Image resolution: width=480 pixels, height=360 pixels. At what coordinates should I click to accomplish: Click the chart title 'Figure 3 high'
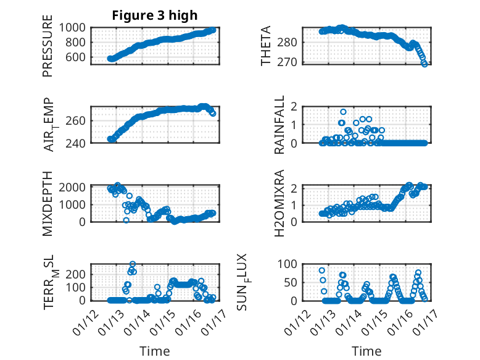(155, 15)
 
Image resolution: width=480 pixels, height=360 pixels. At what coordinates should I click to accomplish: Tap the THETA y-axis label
(267, 46)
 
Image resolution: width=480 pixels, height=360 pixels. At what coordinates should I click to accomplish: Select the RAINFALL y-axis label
(279, 125)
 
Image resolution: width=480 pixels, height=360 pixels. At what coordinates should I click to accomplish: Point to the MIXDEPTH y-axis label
(48, 203)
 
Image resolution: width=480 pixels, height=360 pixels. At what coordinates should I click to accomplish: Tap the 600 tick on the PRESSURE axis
(80, 57)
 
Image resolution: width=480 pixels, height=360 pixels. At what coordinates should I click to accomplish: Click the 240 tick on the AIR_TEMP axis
(80, 143)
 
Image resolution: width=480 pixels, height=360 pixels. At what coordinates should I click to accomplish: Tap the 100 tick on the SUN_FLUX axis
(289, 264)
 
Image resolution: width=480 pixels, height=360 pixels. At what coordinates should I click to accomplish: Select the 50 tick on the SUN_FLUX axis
(292, 282)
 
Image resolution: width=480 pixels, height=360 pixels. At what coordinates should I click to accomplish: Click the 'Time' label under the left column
(155, 351)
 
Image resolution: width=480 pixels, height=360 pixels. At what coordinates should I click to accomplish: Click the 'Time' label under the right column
(366, 351)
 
